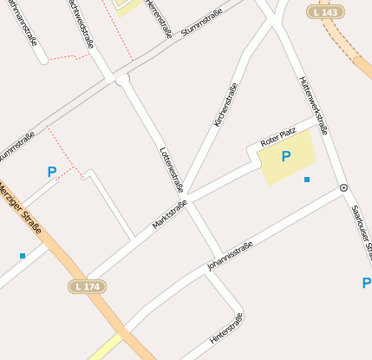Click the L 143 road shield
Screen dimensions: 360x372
point(325,11)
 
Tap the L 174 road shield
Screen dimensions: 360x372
point(87,285)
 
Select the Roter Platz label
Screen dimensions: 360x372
point(278,138)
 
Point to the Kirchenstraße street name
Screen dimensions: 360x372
point(225,105)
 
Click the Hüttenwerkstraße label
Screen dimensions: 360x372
point(312,105)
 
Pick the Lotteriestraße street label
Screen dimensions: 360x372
point(172,168)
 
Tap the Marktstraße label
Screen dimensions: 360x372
point(170,214)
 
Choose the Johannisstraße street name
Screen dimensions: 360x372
point(230,256)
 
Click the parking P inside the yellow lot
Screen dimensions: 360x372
point(285,157)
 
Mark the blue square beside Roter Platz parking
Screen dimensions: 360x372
point(306,180)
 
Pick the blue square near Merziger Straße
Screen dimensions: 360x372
point(22,255)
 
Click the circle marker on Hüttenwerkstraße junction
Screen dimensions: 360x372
point(343,187)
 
